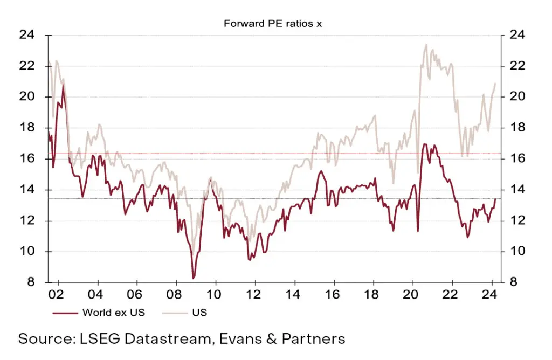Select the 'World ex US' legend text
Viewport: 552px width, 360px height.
pyautogui.click(x=114, y=313)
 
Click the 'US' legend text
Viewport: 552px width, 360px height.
pyautogui.click(x=200, y=313)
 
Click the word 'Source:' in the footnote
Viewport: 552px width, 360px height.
pyautogui.click(x=45, y=339)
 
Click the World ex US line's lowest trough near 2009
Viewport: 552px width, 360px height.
pyautogui.click(x=193, y=278)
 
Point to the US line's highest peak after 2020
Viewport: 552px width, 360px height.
pyautogui.click(x=426, y=45)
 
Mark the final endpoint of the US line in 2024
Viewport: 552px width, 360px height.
pyautogui.click(x=495, y=83)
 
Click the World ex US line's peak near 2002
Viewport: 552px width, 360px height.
pyautogui.click(x=63, y=85)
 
